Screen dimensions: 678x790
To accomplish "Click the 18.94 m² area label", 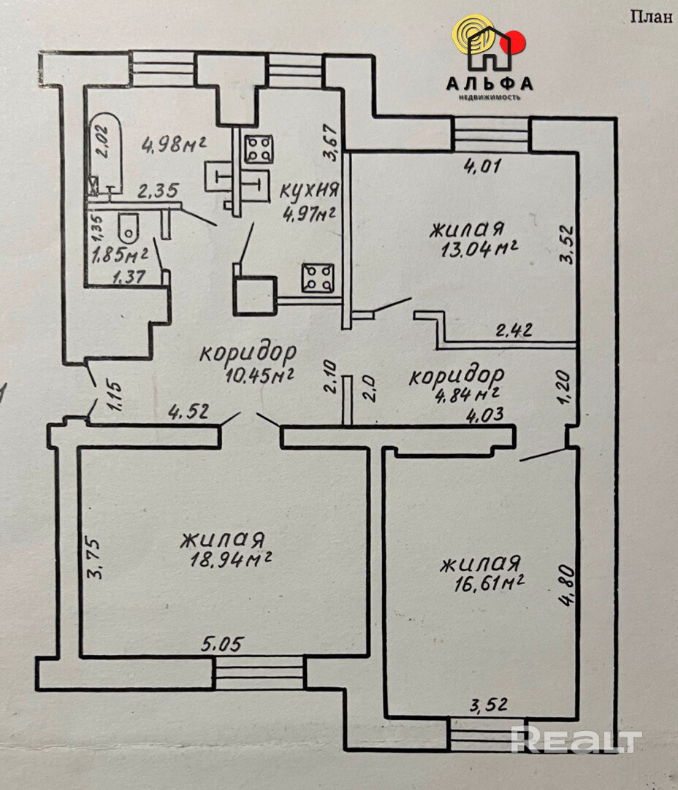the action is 231,559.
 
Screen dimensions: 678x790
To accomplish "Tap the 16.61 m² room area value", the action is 489,583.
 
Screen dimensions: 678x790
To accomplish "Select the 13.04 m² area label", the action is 480,249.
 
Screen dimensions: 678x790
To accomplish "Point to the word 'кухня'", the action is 308,190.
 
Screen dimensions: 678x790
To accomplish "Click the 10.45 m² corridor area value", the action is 259,375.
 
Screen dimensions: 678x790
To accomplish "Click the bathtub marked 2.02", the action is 105,153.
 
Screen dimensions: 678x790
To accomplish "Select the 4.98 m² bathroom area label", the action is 174,145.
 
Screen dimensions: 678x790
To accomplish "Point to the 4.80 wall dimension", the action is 567,586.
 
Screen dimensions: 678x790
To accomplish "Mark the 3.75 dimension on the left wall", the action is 95,559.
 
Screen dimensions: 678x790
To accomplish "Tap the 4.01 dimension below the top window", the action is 481,166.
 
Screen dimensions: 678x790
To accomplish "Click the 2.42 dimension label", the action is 514,331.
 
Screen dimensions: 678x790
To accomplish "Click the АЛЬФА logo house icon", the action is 489,49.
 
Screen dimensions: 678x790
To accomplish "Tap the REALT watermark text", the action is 576,741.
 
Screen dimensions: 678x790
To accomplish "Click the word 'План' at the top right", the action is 652,17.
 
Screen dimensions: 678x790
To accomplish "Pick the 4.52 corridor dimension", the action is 188,413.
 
